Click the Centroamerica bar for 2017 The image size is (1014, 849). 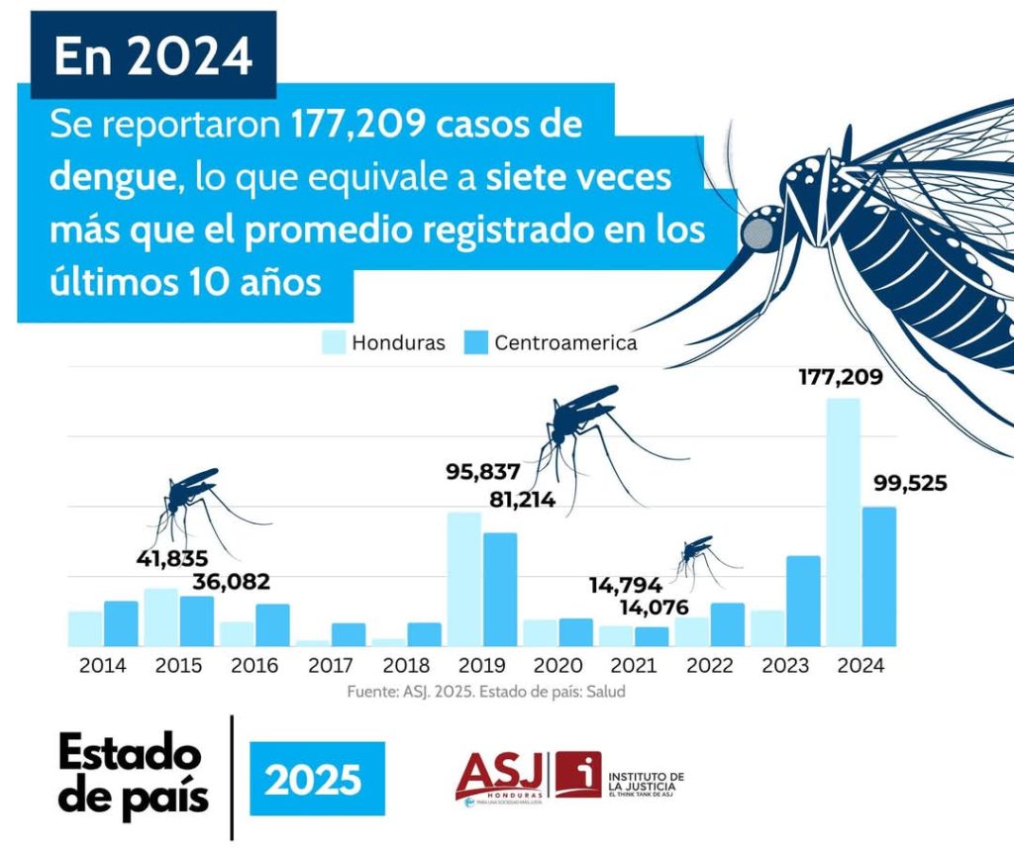point(348,634)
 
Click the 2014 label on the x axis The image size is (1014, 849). point(103,666)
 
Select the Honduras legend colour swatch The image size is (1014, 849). point(334,342)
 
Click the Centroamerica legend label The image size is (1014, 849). point(565,343)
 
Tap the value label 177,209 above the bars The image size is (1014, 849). point(841,377)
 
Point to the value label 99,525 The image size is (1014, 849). point(910,484)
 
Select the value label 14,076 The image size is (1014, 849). point(656,607)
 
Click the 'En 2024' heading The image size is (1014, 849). point(153,57)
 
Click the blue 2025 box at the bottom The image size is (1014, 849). point(316,779)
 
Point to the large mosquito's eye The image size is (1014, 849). point(759,232)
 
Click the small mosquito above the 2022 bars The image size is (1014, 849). point(699,556)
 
